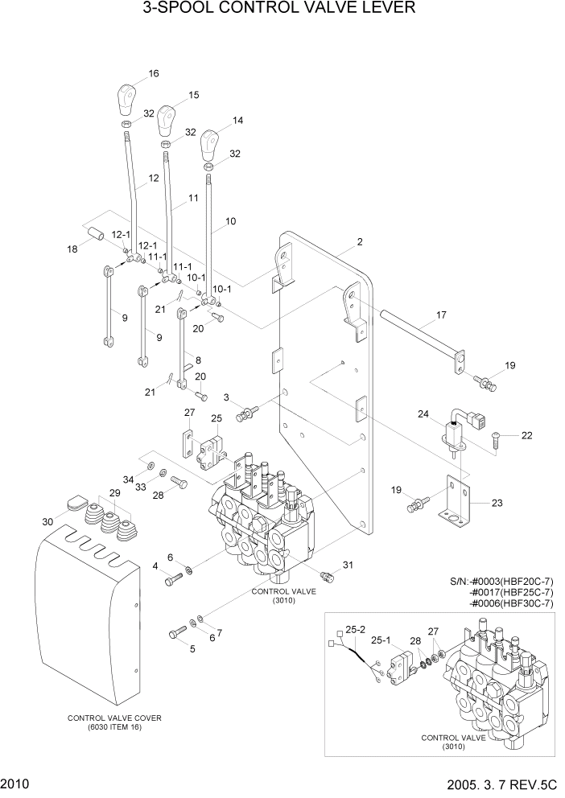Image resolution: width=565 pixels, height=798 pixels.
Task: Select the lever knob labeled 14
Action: [x=210, y=145]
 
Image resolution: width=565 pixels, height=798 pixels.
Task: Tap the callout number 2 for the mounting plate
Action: [x=360, y=242]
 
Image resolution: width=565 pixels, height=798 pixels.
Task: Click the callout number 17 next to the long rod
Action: [x=440, y=316]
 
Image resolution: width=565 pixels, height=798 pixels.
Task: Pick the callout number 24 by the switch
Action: [x=423, y=414]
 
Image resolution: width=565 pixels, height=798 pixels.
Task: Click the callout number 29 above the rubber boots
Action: [x=115, y=492]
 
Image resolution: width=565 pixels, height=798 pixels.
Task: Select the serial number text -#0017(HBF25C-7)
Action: [x=513, y=591]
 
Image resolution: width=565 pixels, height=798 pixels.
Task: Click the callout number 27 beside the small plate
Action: [x=190, y=413]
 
